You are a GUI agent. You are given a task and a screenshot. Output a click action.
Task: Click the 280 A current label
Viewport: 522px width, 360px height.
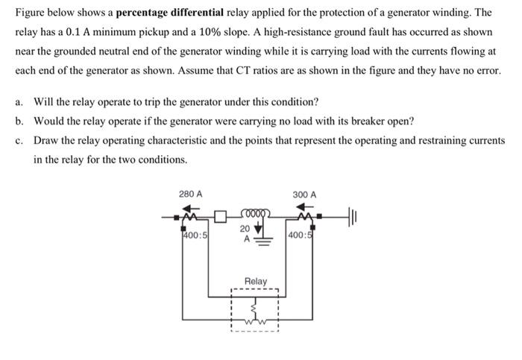pyautogui.click(x=191, y=195)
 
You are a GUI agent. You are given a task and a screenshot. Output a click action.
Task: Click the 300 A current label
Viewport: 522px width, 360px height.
pyautogui.click(x=304, y=195)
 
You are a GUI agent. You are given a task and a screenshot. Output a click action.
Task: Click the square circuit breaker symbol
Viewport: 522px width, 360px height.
pyautogui.click(x=220, y=218)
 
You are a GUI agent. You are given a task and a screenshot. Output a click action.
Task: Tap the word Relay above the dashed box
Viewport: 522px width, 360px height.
pyautogui.click(x=256, y=281)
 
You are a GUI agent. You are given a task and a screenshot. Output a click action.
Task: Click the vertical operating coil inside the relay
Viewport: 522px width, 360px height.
pyautogui.click(x=256, y=305)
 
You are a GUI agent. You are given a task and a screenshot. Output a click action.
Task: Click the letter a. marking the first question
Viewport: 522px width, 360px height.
pyautogui.click(x=20, y=101)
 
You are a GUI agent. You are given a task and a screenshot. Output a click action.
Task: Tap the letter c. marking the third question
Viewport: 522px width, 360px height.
pyautogui.click(x=20, y=140)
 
